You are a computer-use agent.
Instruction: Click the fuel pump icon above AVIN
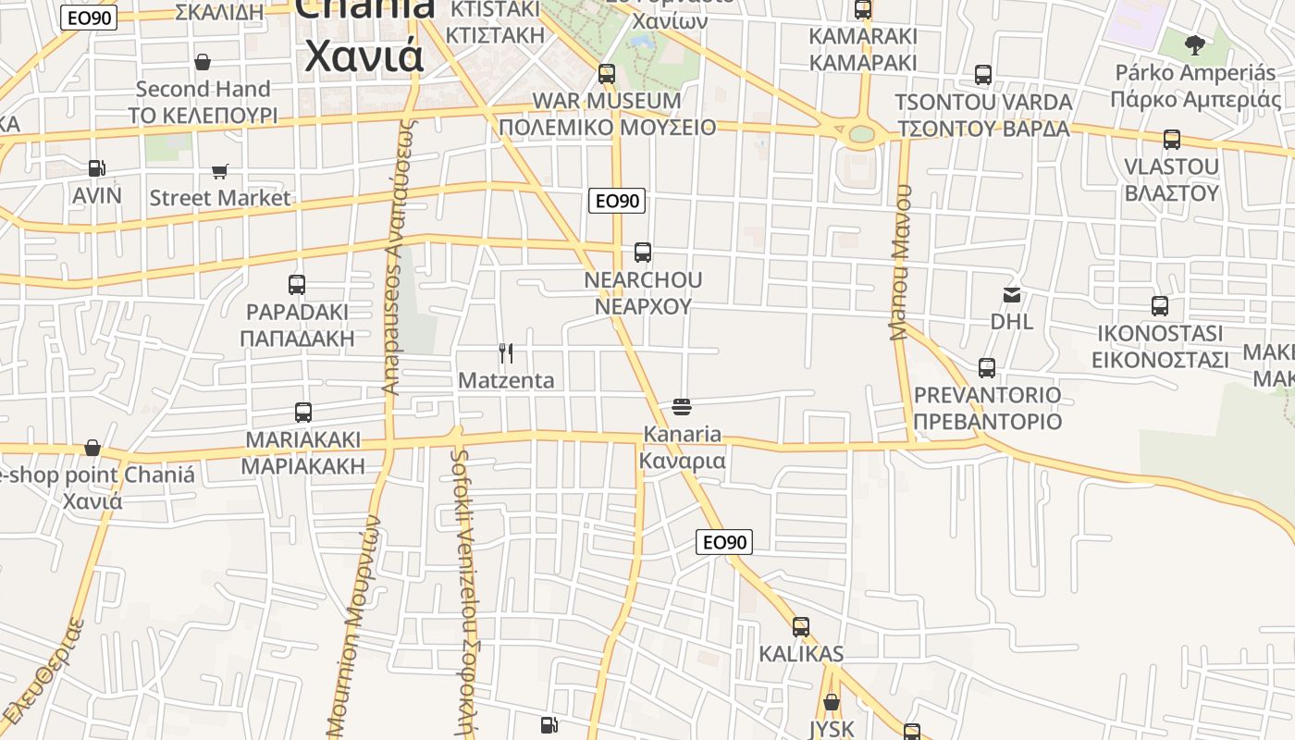[96, 168]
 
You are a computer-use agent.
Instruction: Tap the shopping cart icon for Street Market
[219, 171]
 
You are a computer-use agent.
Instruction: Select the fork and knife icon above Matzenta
[506, 353]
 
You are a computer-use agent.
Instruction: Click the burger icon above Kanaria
[682, 407]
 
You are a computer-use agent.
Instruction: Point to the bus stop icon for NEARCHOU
[642, 253]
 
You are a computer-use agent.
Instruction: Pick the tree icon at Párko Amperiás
[1195, 44]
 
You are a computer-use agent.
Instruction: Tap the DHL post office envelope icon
[1012, 295]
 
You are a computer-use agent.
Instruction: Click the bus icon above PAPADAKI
[296, 285]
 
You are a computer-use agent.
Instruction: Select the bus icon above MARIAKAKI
[302, 413]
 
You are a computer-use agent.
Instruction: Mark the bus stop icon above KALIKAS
[801, 627]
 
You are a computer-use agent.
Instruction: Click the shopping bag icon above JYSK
[832, 702]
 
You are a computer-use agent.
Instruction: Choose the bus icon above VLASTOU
[1171, 140]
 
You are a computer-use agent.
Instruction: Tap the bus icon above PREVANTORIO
[987, 368]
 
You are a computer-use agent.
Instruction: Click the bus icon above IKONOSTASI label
[1159, 306]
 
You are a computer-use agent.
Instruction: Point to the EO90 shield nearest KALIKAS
[724, 542]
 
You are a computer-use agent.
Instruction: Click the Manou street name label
[901, 262]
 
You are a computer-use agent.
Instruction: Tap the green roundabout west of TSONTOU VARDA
[861, 135]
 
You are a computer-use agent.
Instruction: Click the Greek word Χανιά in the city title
[364, 55]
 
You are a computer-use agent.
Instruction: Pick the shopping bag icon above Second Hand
[203, 62]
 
